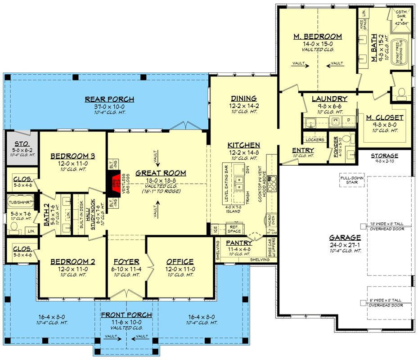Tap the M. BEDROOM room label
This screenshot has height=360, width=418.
(x=317, y=36)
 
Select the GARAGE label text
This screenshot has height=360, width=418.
(x=345, y=238)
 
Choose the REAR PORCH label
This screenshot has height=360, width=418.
(x=110, y=99)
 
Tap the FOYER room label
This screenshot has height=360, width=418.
(x=126, y=261)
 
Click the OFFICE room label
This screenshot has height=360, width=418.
(x=180, y=261)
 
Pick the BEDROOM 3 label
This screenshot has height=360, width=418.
(x=72, y=156)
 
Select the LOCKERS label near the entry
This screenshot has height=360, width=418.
(x=315, y=140)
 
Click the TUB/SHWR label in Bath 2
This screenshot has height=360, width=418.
(x=20, y=202)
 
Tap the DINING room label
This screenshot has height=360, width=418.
(x=243, y=99)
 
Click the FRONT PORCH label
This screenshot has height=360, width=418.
(x=126, y=315)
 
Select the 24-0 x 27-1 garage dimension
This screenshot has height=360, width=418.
(x=345, y=245)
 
